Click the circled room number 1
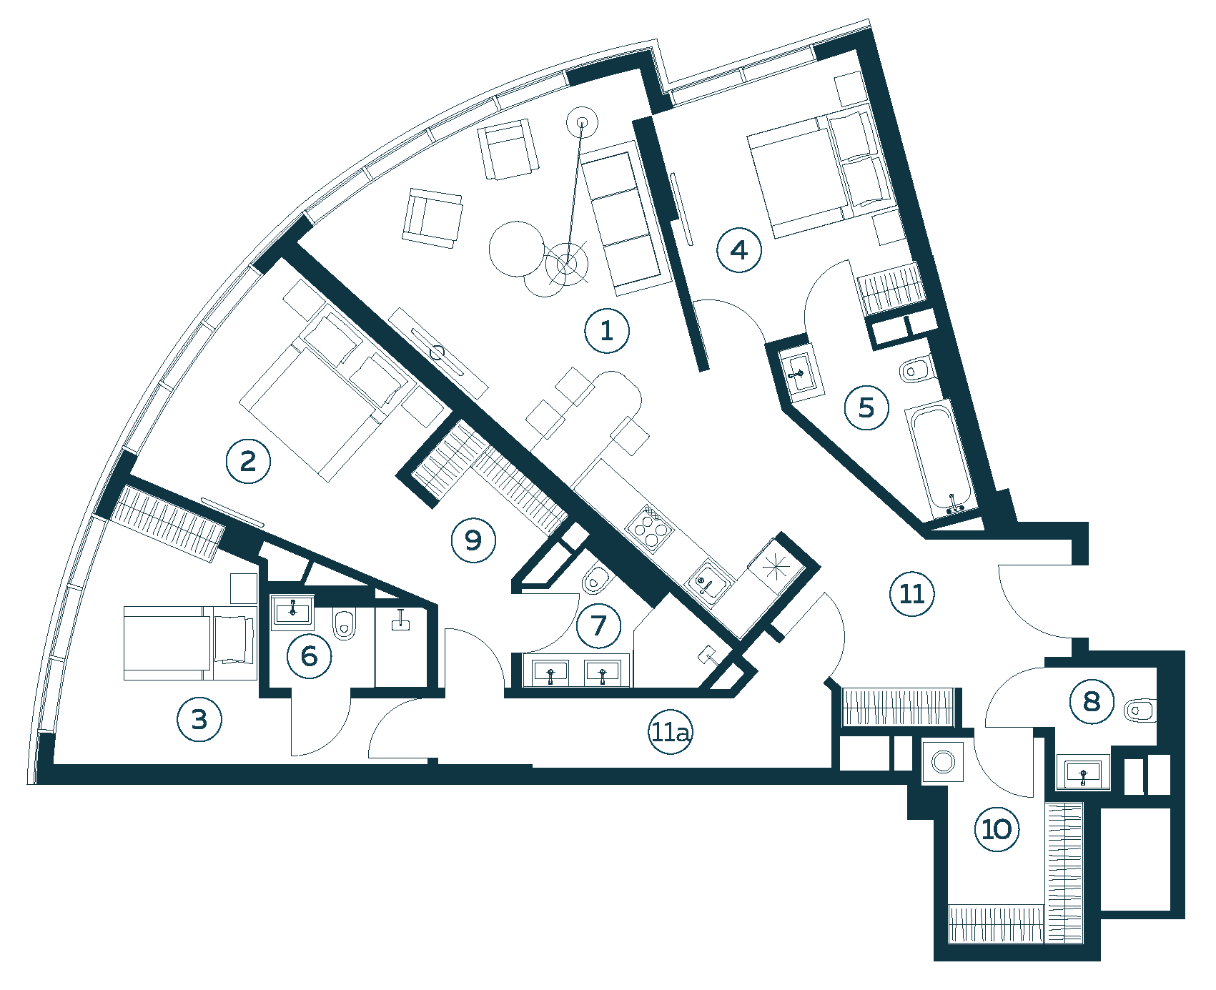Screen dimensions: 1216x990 pos(607,331)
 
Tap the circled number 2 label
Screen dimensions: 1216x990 pos(248,461)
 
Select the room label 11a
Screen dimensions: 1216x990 pos(671,733)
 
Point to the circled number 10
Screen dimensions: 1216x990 pos(997,829)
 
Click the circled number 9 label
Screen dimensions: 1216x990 pos(473,540)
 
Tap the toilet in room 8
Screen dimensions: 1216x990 pos(1140,711)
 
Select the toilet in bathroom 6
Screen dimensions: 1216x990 pos(345,624)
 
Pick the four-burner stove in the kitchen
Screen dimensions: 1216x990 pos(649,528)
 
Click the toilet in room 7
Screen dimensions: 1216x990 pos(595,581)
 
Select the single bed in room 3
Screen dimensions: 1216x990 pos(190,643)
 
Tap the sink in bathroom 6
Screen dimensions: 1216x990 pos(292,611)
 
